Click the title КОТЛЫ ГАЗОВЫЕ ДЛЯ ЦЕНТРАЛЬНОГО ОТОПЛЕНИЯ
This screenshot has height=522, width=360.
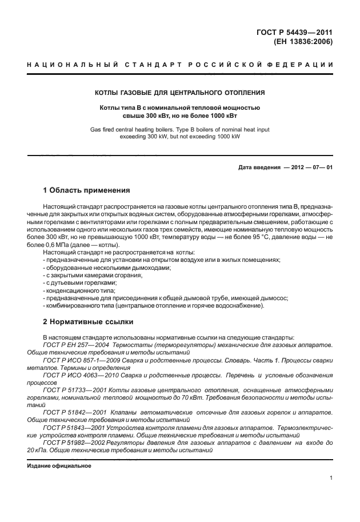click(179, 93)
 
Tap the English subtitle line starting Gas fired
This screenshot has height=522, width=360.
click(179, 130)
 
